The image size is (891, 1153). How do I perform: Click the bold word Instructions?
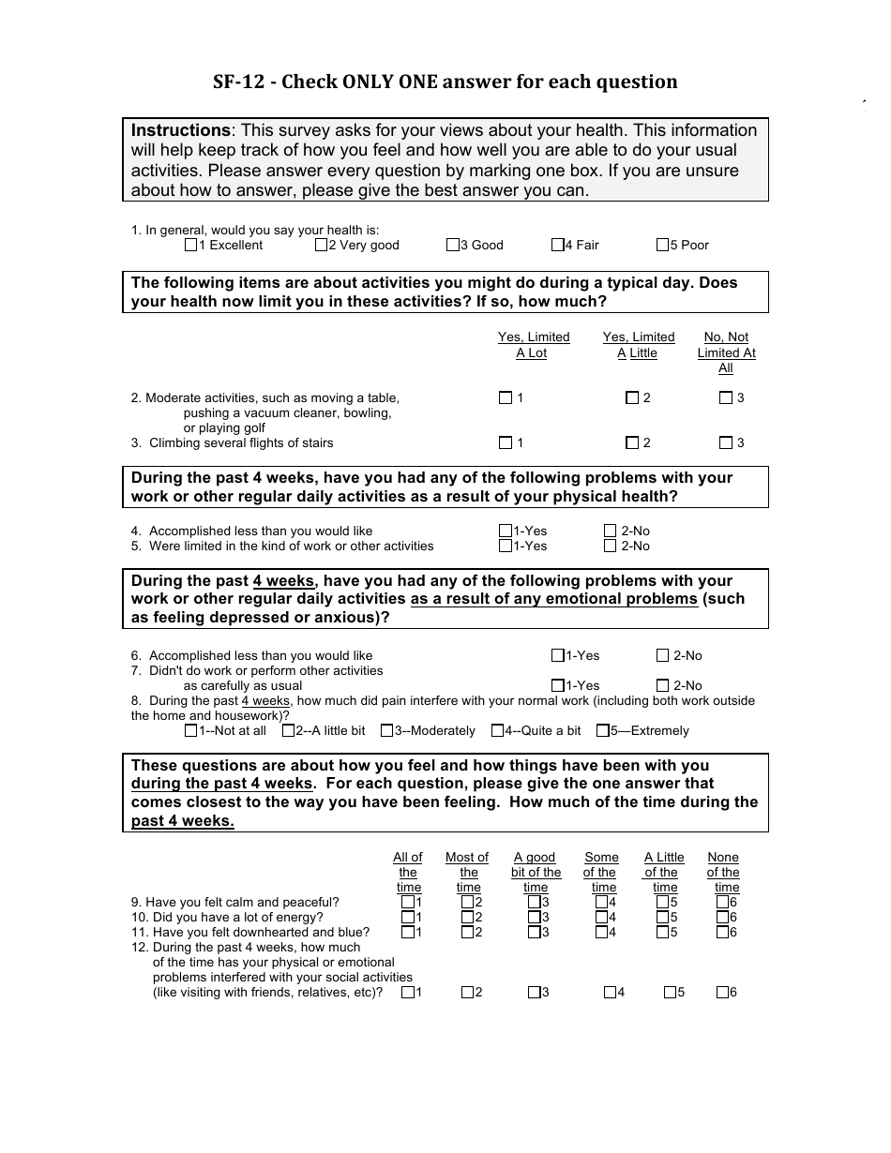pyautogui.click(x=180, y=130)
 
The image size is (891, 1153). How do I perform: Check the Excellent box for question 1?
pyautogui.click(x=191, y=246)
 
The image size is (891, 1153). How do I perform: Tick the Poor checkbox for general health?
pyautogui.click(x=662, y=246)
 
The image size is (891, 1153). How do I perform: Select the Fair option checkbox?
pyautogui.click(x=557, y=246)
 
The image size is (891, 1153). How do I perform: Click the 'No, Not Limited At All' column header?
pyautogui.click(x=726, y=352)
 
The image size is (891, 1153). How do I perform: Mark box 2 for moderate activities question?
pyautogui.click(x=632, y=397)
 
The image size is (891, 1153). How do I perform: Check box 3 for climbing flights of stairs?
pyautogui.click(x=725, y=442)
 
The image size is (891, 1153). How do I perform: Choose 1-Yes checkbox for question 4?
pyautogui.click(x=506, y=531)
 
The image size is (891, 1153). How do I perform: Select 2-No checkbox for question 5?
pyautogui.click(x=611, y=546)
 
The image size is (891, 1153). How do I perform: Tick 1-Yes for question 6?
pyautogui.click(x=557, y=655)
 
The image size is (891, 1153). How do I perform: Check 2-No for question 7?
pyautogui.click(x=663, y=685)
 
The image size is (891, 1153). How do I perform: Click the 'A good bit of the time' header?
pyautogui.click(x=536, y=872)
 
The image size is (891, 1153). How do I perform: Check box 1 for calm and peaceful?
pyautogui.click(x=407, y=902)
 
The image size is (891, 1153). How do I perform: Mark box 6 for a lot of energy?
pyautogui.click(x=722, y=917)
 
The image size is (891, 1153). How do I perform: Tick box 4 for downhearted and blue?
pyautogui.click(x=601, y=932)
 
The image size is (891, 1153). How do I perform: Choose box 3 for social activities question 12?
pyautogui.click(x=534, y=992)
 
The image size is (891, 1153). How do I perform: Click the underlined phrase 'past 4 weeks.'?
pyautogui.click(x=183, y=821)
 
